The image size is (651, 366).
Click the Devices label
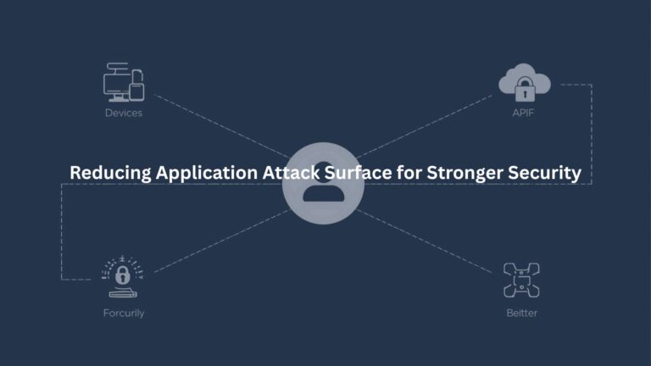124,113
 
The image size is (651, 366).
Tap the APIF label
525,113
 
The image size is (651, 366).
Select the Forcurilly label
124,313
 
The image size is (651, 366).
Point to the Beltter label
521,313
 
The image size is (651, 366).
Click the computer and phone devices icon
124,83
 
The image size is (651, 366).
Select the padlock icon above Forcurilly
124,275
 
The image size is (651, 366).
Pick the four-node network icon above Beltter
522,280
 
